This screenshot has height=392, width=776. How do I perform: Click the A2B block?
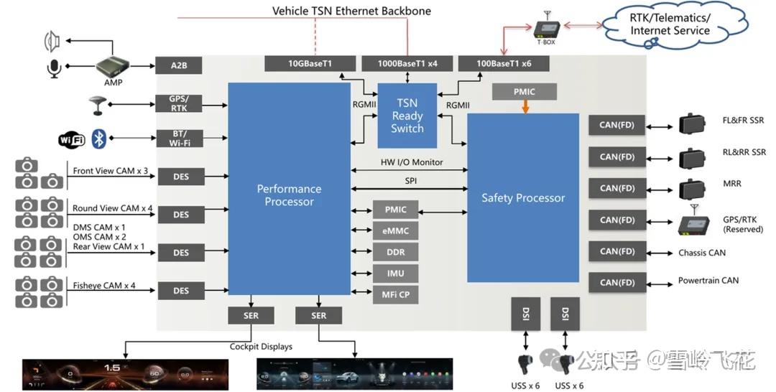[179, 65]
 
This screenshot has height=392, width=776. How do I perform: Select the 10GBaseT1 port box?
[310, 63]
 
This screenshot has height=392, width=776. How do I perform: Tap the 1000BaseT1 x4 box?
[407, 63]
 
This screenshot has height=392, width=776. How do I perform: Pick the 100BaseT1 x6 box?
[504, 63]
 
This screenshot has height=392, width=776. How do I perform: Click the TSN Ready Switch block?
[407, 116]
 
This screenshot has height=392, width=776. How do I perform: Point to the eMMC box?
[395, 231]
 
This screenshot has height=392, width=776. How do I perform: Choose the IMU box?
[395, 274]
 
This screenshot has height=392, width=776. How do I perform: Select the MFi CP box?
[395, 294]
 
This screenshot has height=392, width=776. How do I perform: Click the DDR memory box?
[395, 252]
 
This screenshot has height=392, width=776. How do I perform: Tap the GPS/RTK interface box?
[179, 103]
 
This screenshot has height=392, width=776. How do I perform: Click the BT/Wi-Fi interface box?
[179, 139]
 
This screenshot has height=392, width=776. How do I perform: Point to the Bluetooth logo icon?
[99, 139]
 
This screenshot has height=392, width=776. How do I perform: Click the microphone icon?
[54, 69]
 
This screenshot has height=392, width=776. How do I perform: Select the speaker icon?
[52, 41]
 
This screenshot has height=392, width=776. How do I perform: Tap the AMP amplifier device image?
[114, 67]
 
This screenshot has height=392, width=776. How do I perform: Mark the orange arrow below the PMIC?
[525, 107]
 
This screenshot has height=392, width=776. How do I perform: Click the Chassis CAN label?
[702, 253]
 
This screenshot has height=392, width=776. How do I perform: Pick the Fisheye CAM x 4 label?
[104, 285]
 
